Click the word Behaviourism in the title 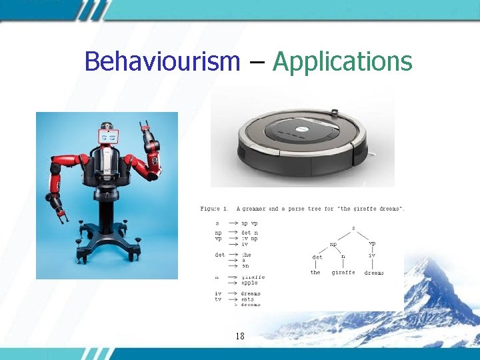coord(162,62)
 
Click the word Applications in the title coord(343,62)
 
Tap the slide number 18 coord(239,336)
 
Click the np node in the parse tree coord(333,244)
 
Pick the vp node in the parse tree coord(372,244)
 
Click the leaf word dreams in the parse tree coord(374,273)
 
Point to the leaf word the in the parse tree coord(315,273)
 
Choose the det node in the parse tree coord(317,257)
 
